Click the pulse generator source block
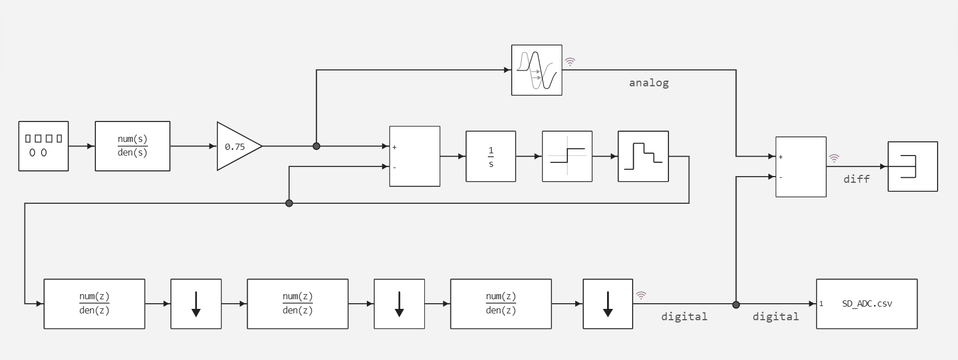tap(44, 146)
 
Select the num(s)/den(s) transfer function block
tap(132, 146)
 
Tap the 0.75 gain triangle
tap(236, 146)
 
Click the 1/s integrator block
tap(491, 156)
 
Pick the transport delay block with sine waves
tap(537, 70)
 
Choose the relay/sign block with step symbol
tap(567, 156)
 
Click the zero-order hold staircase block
tap(643, 156)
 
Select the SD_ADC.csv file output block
tap(867, 304)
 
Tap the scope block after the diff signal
tap(912, 166)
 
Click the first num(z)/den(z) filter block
tap(94, 304)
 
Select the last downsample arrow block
tap(608, 304)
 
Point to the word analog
tap(649, 83)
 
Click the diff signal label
tap(856, 179)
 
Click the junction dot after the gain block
tap(316, 146)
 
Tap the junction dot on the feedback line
tap(289, 203)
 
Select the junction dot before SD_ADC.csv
tap(736, 304)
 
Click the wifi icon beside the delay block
tap(570, 62)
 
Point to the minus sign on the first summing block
tap(395, 168)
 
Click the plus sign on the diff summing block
tap(781, 157)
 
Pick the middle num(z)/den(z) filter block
tap(298, 304)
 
